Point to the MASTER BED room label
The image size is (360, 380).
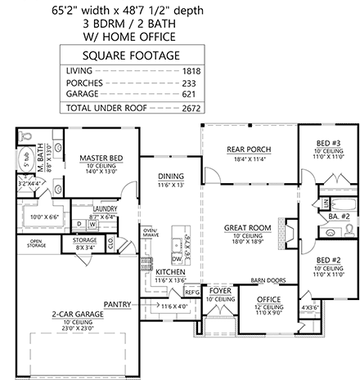101,158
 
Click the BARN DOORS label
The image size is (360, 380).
268,279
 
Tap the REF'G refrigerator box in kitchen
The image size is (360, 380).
193,292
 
